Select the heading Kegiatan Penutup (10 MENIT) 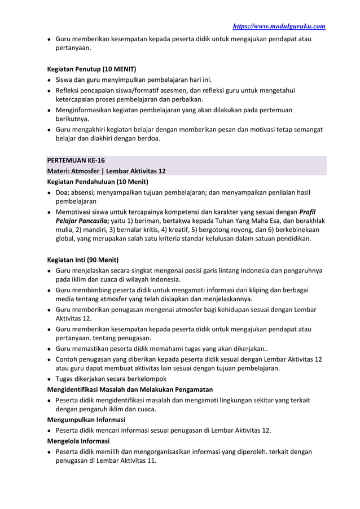[x=91, y=69]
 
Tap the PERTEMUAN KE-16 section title [x=75, y=161]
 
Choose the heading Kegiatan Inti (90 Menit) [x=82, y=260]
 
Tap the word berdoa [x=147, y=138]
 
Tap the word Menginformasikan [x=87, y=109]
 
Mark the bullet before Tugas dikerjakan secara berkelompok [x=50, y=379]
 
